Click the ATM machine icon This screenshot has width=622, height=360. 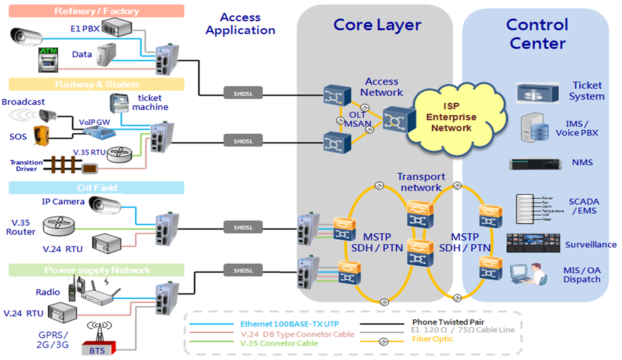48,60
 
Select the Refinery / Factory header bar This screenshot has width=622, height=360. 96,11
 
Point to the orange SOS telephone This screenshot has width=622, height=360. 41,135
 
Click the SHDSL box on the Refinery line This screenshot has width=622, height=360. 243,93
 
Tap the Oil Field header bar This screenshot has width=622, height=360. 96,188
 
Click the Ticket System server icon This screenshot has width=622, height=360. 537,93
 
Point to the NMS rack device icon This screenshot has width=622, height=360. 535,164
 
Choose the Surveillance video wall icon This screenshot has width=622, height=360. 533,243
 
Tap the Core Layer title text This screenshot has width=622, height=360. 377,25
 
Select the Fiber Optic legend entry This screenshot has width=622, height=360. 432,339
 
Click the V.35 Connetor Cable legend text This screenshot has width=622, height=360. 279,343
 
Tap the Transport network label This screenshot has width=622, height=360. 421,182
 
